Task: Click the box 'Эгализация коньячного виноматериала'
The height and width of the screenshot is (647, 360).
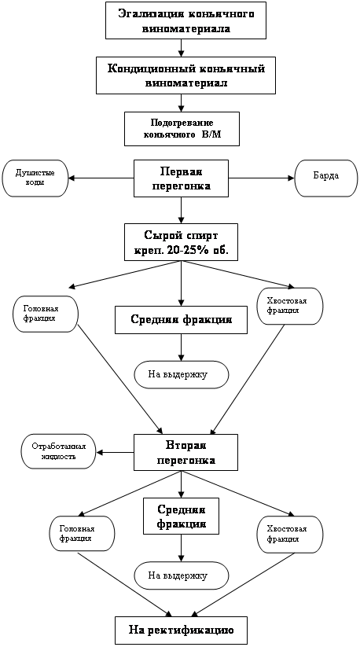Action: pyautogui.click(x=186, y=20)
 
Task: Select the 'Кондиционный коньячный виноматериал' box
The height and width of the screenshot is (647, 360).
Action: pyautogui.click(x=186, y=75)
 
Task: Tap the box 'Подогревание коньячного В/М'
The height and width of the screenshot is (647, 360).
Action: pyautogui.click(x=182, y=129)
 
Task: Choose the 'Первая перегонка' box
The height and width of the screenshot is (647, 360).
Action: pyautogui.click(x=182, y=179)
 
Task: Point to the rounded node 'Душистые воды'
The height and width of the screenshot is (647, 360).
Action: pyautogui.click(x=35, y=178)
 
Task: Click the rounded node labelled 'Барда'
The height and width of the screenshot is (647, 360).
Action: pyautogui.click(x=326, y=178)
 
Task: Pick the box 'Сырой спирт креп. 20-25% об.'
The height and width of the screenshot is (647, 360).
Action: pyautogui.click(x=181, y=242)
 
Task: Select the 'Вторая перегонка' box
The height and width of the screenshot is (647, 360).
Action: pyautogui.click(x=186, y=452)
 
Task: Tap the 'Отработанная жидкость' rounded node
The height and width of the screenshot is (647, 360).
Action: pyautogui.click(x=59, y=451)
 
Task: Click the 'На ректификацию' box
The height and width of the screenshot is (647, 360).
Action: pyautogui.click(x=181, y=630)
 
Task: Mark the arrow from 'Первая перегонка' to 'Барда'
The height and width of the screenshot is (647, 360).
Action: pyautogui.click(x=262, y=178)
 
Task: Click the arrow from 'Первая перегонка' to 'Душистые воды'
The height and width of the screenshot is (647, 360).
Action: pyautogui.click(x=101, y=178)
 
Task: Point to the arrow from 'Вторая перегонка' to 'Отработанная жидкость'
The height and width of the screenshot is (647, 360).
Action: pyautogui.click(x=115, y=452)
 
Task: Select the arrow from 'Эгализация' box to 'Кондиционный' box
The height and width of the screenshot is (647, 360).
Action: pyautogui.click(x=181, y=48)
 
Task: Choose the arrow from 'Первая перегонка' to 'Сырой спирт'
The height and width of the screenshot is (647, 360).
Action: pyautogui.click(x=181, y=211)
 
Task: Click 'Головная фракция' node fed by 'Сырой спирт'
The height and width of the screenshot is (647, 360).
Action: pyautogui.click(x=46, y=314)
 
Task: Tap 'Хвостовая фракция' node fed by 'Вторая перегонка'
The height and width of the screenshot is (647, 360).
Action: pyautogui.click(x=290, y=534)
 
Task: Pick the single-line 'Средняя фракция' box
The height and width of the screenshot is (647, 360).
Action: pyautogui.click(x=181, y=319)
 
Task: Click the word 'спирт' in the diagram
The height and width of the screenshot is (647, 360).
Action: pyautogui.click(x=200, y=236)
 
